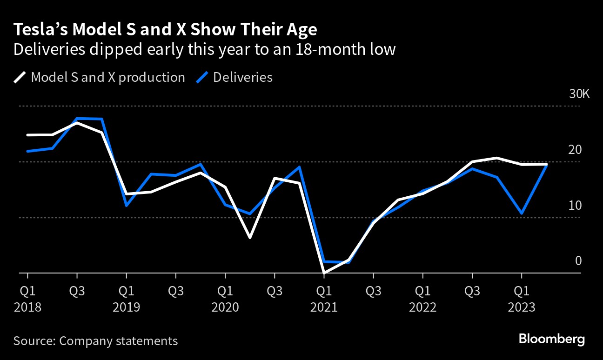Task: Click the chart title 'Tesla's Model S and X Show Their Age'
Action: tap(165, 30)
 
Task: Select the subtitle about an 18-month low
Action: tap(204, 49)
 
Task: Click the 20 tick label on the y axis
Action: tap(576, 150)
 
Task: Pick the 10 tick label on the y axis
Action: tap(576, 205)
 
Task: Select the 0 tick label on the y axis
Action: tap(578, 260)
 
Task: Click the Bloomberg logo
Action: tap(551, 339)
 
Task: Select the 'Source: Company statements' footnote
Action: tap(95, 341)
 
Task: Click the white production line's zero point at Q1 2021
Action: tap(324, 272)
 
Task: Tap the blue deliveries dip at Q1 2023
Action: tap(522, 213)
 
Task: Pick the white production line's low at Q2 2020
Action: tap(250, 238)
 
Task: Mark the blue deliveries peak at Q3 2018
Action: tap(77, 119)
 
